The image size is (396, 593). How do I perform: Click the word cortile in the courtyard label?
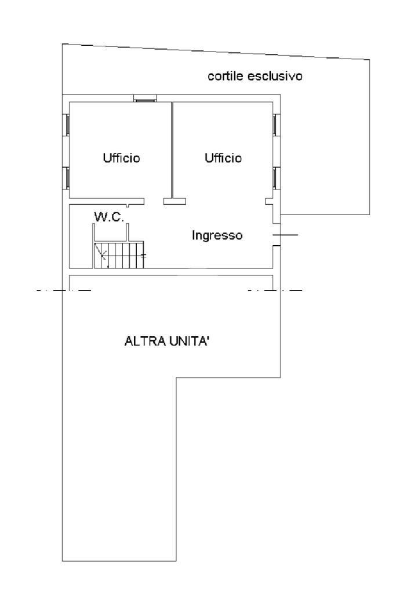(226, 76)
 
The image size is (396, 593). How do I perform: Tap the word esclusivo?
(275, 76)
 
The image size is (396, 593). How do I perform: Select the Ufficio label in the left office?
(121, 158)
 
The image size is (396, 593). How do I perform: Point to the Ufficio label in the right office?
(223, 158)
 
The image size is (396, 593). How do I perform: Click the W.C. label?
(109, 217)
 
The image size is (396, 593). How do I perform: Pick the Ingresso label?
(217, 235)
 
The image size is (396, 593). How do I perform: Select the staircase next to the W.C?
(119, 255)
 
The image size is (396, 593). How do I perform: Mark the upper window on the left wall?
(67, 125)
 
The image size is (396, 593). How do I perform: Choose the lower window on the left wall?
(67, 177)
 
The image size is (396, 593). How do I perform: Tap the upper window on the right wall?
(275, 125)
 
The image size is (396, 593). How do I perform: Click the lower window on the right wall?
(275, 177)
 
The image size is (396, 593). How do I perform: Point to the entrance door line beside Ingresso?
(285, 235)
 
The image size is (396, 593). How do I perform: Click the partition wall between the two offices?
(172, 150)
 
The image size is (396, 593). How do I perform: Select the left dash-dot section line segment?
(64, 290)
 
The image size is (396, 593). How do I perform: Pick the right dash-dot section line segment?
(275, 290)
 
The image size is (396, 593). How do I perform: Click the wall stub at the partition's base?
(175, 202)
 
